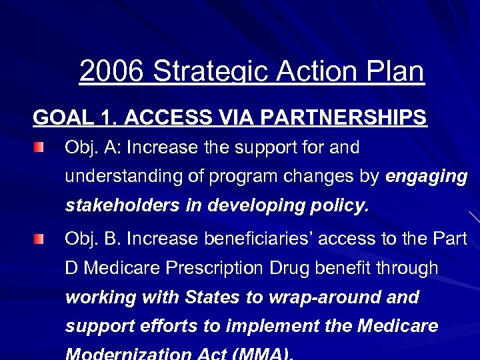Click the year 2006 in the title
click(x=112, y=71)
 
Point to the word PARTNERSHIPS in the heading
click(x=351, y=117)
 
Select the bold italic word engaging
click(x=427, y=177)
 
